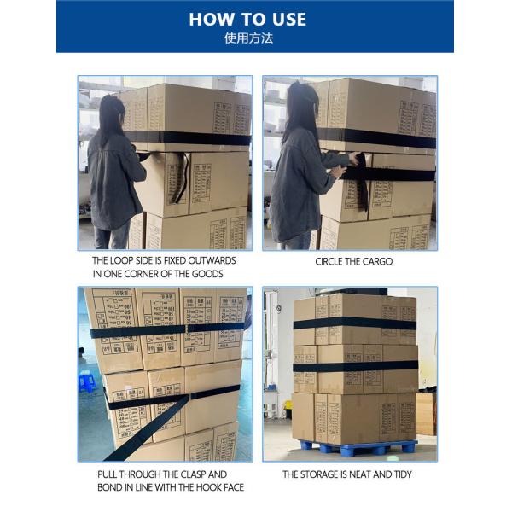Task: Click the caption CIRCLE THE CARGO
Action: tap(354, 262)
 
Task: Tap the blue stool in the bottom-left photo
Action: tap(87, 382)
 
